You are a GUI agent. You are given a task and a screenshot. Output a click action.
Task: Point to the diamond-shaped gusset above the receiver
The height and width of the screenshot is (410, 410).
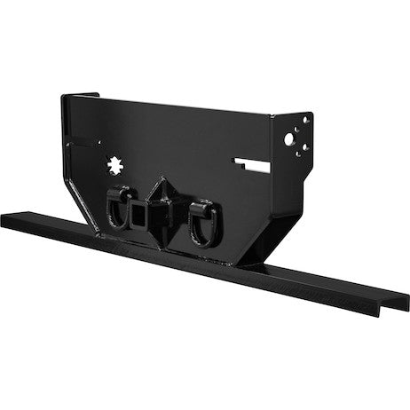(162, 192)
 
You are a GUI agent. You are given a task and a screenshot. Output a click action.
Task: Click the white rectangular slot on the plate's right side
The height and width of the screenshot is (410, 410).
(254, 162)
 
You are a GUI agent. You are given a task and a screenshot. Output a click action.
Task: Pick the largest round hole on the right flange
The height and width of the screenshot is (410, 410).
(288, 138)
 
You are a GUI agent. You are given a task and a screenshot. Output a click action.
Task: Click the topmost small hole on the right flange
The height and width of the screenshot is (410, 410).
(304, 118)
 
